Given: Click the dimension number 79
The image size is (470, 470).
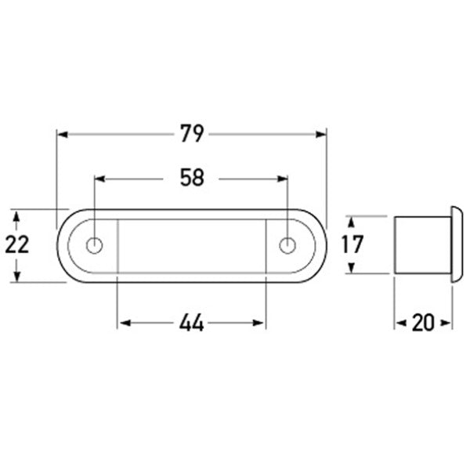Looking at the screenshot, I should (192, 135).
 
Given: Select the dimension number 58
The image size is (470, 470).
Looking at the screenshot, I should (192, 179).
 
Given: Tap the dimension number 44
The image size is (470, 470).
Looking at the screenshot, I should (192, 322).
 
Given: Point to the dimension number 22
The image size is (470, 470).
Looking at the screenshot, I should (16, 245).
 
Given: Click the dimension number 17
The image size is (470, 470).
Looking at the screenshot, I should (352, 244).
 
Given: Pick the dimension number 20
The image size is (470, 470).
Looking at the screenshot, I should (423, 322).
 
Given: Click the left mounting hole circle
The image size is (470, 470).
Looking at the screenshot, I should (95, 245).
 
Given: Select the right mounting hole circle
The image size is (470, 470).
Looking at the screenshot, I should (287, 245).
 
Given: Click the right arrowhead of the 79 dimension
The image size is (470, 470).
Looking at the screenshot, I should (320, 135).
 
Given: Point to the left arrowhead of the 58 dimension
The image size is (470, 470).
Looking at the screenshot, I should (100, 179).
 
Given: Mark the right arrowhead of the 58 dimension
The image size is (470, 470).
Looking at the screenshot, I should (283, 179).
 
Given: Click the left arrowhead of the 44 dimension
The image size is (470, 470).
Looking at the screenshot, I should (122, 322).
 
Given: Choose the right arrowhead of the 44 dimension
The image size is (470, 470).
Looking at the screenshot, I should (261, 322).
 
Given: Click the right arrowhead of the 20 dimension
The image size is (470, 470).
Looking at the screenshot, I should (448, 322).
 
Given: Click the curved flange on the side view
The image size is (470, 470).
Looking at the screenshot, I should (456, 244).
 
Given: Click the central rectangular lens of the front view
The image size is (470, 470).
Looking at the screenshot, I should (192, 245).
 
